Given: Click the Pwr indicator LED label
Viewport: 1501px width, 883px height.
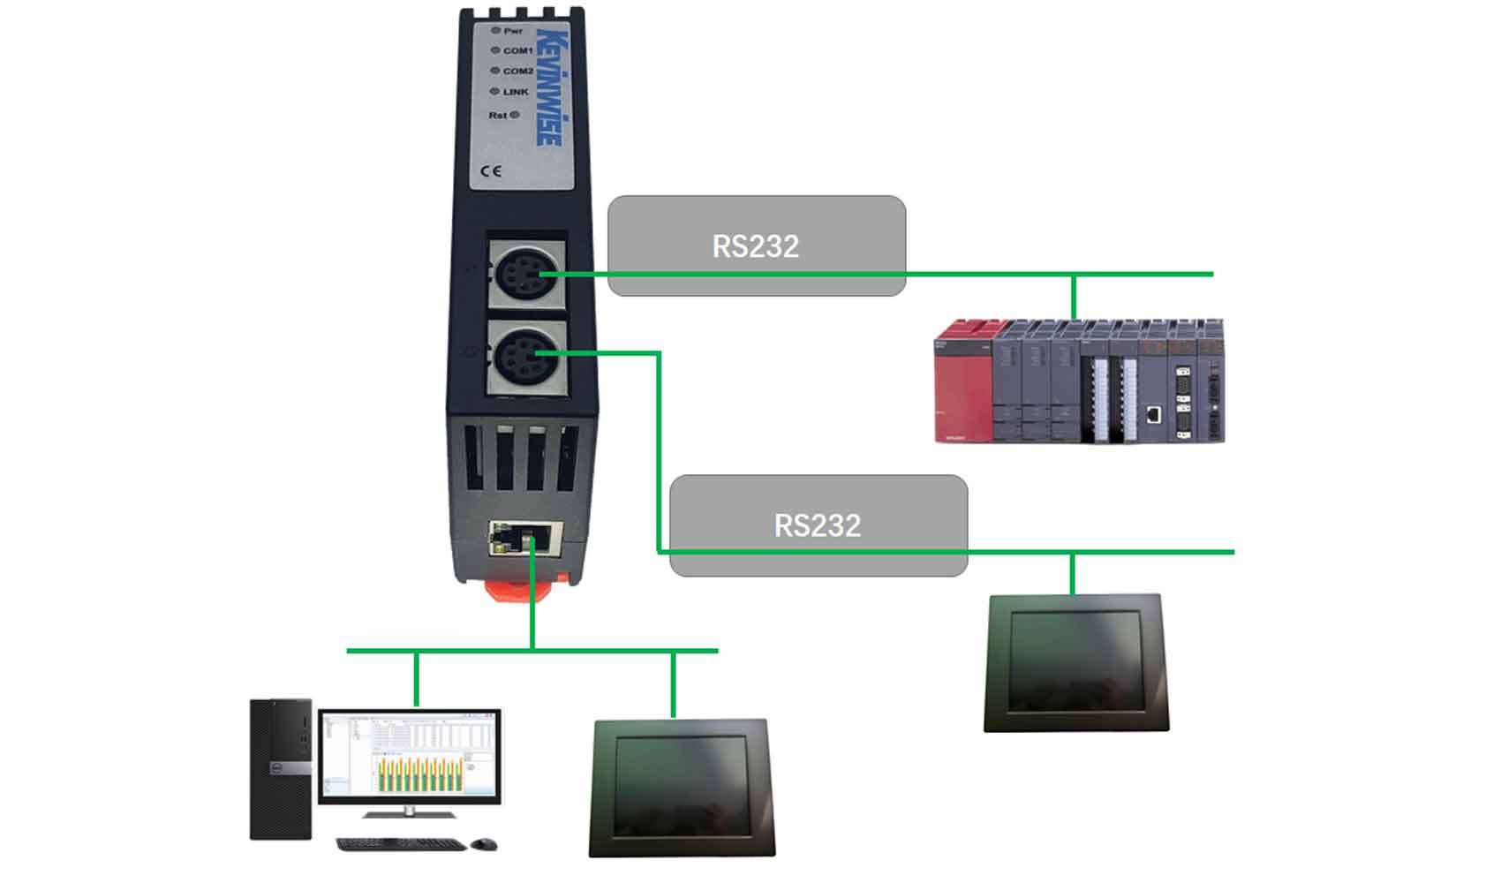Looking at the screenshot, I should tap(512, 31).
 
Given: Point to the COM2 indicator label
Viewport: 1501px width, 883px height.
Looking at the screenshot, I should tap(517, 72).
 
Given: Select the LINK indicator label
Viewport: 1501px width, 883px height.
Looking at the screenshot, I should tap(515, 92).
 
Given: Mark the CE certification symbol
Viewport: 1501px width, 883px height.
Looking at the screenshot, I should tap(491, 170).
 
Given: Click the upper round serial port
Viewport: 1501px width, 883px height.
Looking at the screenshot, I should tap(524, 275).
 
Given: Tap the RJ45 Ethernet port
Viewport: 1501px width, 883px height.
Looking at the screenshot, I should tap(525, 537).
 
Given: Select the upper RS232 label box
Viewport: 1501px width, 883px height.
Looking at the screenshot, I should tap(757, 245).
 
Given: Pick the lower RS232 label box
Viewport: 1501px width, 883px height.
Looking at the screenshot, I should tap(818, 525).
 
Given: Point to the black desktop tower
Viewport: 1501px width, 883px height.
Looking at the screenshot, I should tap(281, 768).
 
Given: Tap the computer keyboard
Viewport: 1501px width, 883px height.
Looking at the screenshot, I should tap(401, 845).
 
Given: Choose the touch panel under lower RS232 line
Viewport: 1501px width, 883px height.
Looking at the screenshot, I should tap(1075, 662).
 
